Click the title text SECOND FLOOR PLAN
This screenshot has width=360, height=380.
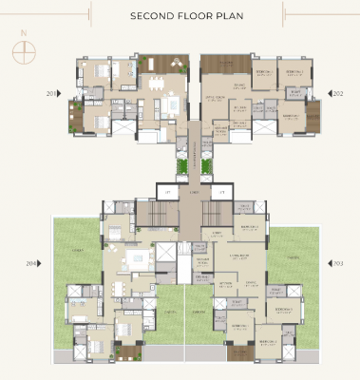(180, 16)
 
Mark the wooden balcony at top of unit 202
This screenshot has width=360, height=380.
(223, 67)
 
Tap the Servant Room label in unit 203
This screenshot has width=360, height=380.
(202, 260)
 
